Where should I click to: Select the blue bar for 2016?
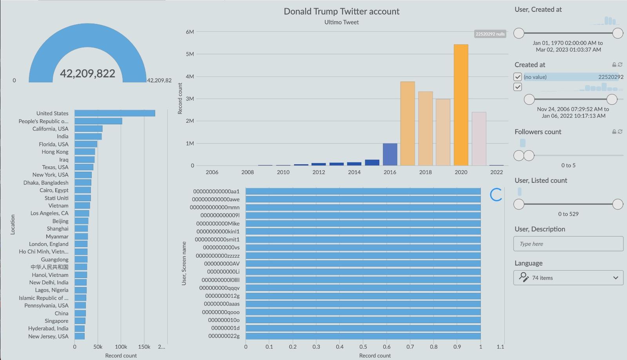point(390,155)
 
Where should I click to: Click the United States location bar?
point(115,113)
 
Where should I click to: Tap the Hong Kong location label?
point(55,152)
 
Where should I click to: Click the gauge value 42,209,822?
point(87,73)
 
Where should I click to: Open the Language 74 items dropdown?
point(568,278)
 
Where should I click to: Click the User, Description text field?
point(568,244)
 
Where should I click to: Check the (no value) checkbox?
point(518,77)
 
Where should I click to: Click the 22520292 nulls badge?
point(490,34)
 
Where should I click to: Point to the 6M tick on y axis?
point(190,32)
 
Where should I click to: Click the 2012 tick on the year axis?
point(319,172)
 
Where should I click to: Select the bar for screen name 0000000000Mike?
point(363,224)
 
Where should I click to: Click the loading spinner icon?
point(496,195)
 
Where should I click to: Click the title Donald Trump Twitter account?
point(341,11)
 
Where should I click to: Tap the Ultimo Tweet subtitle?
point(341,22)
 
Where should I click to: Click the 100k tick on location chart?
point(121,347)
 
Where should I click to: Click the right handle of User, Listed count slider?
point(618,204)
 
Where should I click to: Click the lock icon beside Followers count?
point(614,132)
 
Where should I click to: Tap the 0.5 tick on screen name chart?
point(363,347)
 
